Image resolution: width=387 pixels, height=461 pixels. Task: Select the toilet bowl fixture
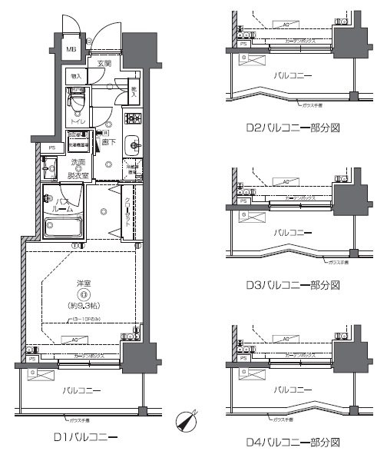(x=76, y=99)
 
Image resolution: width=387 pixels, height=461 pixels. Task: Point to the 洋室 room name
(x=84, y=284)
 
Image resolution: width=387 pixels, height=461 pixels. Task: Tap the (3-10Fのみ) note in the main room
(x=86, y=318)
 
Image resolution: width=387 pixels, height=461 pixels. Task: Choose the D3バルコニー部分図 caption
(x=293, y=285)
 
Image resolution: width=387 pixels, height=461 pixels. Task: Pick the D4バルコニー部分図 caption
(x=293, y=443)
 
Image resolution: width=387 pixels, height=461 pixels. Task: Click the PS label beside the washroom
(x=52, y=148)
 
